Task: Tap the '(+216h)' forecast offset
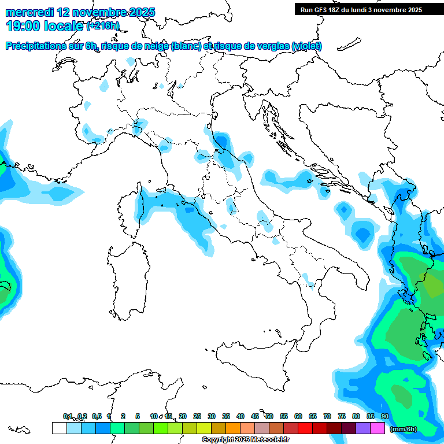[103, 26]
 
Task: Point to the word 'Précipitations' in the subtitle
[37, 46]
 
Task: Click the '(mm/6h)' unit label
[404, 429]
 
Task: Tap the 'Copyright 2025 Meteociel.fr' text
[245, 440]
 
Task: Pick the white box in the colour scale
[59, 428]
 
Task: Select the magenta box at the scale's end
[378, 428]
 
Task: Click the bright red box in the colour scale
[305, 428]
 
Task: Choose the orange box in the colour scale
[233, 428]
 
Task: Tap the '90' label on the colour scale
[384, 416]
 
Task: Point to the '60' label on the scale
[298, 416]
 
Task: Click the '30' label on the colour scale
[212, 416]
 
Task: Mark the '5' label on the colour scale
[138, 416]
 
